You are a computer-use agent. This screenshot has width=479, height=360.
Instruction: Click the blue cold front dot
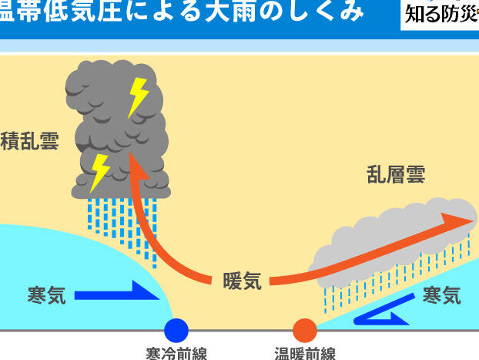176,330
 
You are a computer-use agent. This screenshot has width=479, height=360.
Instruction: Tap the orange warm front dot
305,330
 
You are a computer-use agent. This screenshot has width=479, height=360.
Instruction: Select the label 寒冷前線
176,354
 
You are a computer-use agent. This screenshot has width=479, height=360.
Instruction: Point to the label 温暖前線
305,354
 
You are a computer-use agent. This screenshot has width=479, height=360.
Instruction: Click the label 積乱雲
29,143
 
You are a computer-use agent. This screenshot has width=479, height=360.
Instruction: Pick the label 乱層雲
396,175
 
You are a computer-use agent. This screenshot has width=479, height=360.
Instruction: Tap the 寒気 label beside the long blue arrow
46,294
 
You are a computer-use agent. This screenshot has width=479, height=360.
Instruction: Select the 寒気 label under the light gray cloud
442,294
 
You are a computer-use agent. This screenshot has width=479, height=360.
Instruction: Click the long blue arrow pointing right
116,294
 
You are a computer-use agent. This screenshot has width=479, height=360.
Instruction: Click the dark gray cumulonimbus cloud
116,131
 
